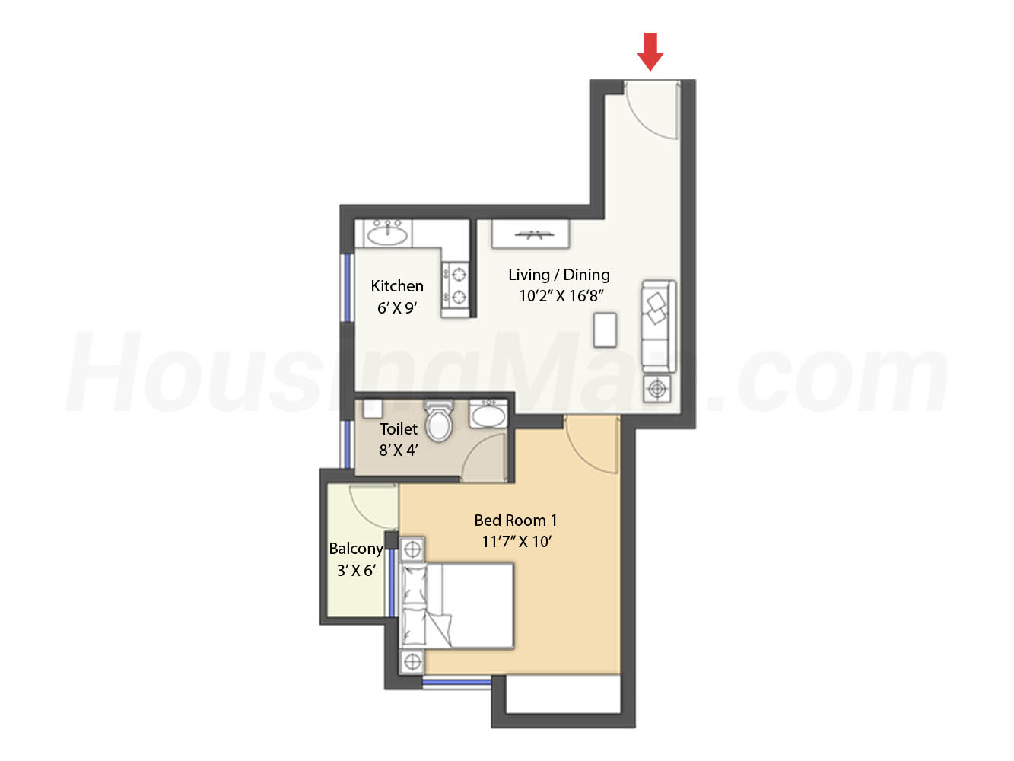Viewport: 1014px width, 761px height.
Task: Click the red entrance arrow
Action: pyautogui.click(x=650, y=52)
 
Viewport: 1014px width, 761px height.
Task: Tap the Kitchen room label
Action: pyautogui.click(x=397, y=286)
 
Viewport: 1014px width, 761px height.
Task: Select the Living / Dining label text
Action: pyautogui.click(x=559, y=275)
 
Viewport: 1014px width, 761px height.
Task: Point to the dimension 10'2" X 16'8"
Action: pyautogui.click(x=561, y=296)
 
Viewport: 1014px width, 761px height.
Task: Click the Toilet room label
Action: pyautogui.click(x=399, y=428)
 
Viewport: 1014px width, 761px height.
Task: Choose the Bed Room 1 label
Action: pyautogui.click(x=516, y=521)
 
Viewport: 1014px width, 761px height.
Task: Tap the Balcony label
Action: pyautogui.click(x=356, y=549)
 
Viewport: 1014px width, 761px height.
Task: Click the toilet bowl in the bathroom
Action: pyautogui.click(x=438, y=421)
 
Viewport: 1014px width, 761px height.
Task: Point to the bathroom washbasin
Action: pyautogui.click(x=488, y=414)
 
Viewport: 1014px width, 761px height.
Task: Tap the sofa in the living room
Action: pyautogui.click(x=658, y=326)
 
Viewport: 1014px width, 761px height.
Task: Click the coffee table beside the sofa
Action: pyautogui.click(x=605, y=330)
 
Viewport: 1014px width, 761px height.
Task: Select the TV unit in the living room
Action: pyautogui.click(x=530, y=234)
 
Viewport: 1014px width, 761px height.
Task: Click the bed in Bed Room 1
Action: pyautogui.click(x=457, y=606)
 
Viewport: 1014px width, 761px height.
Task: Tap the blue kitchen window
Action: pyautogui.click(x=345, y=288)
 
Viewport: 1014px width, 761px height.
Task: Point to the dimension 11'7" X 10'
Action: pyautogui.click(x=517, y=542)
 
